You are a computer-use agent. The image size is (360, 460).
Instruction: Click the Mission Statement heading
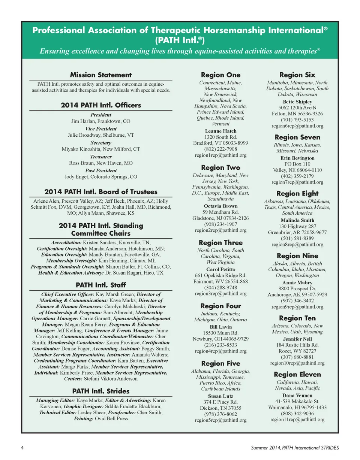point(101,75)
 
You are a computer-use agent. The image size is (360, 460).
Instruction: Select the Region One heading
point(221,75)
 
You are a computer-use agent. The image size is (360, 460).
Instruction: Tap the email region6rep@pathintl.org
point(297,126)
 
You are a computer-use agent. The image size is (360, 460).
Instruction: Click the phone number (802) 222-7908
point(220,149)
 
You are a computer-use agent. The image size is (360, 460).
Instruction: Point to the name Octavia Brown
point(220,206)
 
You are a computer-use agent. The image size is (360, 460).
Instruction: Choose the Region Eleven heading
point(297,374)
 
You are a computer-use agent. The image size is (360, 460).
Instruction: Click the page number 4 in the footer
point(22,448)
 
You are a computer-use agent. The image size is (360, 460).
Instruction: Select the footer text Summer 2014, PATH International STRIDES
point(295,448)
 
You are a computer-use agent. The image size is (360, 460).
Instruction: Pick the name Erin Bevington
point(297,158)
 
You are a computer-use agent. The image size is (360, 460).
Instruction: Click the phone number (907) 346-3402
point(297,301)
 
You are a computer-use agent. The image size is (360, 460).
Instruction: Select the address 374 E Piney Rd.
point(220,402)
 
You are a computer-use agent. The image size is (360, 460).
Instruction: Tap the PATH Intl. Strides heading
point(101,391)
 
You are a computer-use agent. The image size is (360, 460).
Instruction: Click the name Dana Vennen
point(297,396)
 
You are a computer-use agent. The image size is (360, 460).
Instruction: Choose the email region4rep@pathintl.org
point(220,351)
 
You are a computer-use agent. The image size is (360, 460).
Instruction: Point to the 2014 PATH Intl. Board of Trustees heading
point(101,192)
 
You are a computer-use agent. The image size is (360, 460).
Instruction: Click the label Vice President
point(101,128)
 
